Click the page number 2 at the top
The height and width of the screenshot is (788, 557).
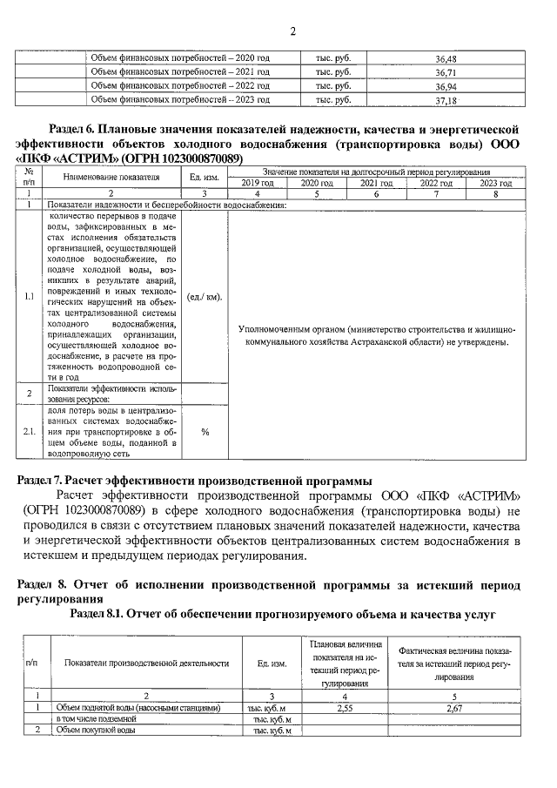292,32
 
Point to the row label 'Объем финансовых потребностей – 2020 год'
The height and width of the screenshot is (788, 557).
181,58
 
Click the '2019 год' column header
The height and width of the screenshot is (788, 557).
257,184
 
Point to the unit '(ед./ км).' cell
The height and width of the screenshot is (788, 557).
205,296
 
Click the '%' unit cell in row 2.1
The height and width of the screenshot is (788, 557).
205,431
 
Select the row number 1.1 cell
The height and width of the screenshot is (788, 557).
29,296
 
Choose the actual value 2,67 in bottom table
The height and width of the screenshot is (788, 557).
453,708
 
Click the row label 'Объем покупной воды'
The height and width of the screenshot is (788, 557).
95,731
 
